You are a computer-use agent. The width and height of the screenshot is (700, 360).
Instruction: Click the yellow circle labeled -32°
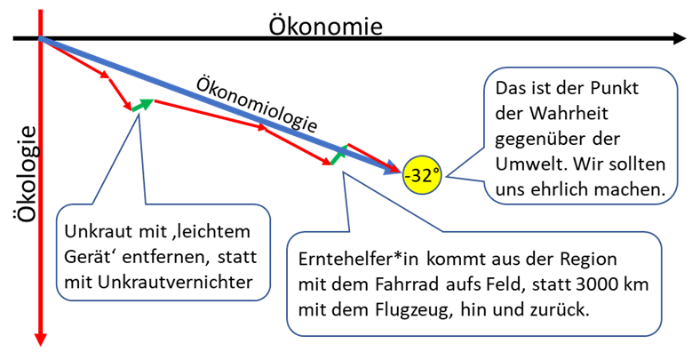(x=422, y=175)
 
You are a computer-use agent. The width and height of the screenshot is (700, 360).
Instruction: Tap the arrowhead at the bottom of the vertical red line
(x=40, y=340)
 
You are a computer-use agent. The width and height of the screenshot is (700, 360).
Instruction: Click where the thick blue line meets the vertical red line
(x=41, y=38)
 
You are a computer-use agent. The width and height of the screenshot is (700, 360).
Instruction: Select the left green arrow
(x=143, y=105)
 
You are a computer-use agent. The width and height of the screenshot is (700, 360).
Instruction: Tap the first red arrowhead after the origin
(x=104, y=74)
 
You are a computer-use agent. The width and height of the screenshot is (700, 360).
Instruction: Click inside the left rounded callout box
(x=163, y=252)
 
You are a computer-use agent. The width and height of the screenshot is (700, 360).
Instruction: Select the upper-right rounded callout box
(x=581, y=135)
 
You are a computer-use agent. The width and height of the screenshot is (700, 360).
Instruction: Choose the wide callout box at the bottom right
(x=474, y=284)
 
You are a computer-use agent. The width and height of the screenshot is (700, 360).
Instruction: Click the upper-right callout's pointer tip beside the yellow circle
(x=446, y=176)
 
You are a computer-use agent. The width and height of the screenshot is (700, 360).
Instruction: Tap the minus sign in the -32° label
(x=408, y=177)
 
